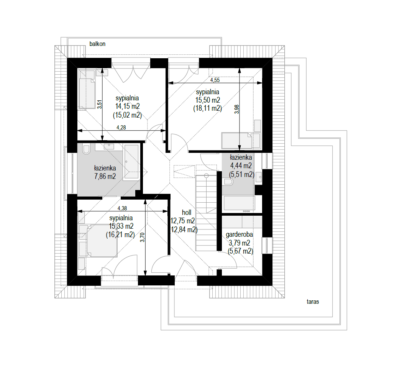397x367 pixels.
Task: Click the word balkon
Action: (x=97, y=44)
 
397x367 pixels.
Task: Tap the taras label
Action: (x=313, y=301)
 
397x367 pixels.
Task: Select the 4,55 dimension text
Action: (x=215, y=80)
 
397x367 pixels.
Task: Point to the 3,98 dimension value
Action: (x=237, y=109)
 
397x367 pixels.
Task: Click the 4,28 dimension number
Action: (x=121, y=128)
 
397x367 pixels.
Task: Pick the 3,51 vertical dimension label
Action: (x=100, y=104)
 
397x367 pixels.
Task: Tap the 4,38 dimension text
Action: (x=122, y=208)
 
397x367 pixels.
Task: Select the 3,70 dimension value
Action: (x=143, y=238)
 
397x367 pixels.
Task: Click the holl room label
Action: (x=187, y=213)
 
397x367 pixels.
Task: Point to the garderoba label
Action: (x=239, y=234)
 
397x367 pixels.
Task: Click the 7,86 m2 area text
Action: (x=105, y=176)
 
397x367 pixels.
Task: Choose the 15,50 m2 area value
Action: (x=208, y=100)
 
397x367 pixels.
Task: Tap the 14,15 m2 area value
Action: (x=127, y=106)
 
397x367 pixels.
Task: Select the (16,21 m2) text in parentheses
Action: (x=120, y=234)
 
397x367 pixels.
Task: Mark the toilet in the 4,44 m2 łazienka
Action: (x=228, y=182)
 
